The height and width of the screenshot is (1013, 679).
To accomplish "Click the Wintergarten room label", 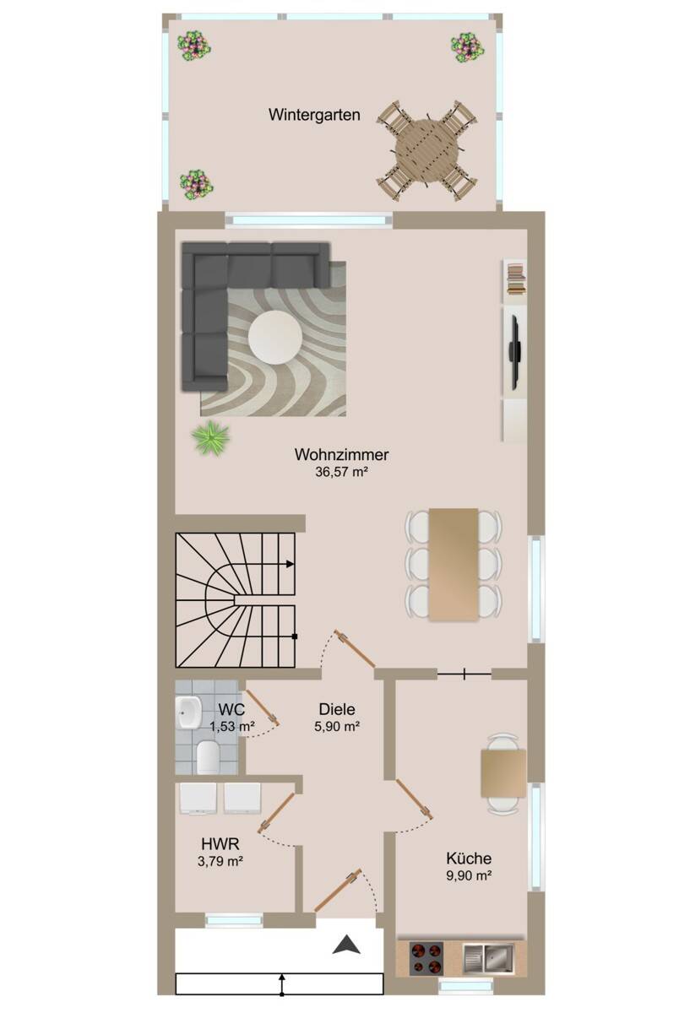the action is coord(314,115).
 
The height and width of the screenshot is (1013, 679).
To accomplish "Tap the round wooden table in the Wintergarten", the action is coord(426,149).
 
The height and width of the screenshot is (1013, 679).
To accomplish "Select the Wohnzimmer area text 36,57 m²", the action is coord(341,472).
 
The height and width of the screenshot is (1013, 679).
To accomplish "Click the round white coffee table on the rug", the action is coord(275,337).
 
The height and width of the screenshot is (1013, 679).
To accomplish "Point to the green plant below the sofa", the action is coord(210,437).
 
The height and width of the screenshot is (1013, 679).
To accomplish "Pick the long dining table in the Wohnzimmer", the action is coord(454,564).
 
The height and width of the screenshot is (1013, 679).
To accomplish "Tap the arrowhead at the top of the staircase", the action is coord(290,564).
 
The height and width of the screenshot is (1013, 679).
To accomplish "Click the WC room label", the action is coord(231,710).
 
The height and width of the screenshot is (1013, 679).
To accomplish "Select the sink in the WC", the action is coord(188,712).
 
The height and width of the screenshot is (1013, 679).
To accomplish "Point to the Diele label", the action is coord(337,709).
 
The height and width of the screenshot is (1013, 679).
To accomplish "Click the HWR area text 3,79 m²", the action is coord(220,861).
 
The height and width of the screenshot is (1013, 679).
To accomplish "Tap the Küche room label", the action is coord(469,859).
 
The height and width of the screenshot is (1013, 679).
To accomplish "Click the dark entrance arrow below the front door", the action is coord(346,944).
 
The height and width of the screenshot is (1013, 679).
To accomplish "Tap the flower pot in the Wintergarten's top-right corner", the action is coord(467,47).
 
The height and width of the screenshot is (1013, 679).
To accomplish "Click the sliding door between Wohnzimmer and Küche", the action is coord(464,674).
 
